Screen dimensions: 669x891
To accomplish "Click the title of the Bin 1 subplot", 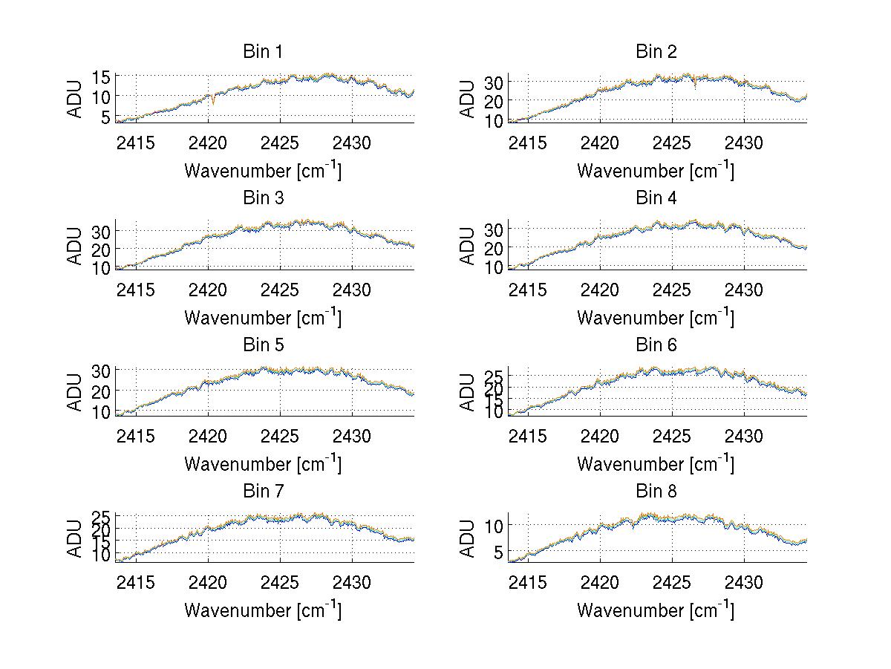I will pyautogui.click(x=263, y=52).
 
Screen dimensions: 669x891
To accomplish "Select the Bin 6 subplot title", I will pyautogui.click(x=656, y=345).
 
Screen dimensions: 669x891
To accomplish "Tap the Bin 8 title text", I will pyautogui.click(x=656, y=492).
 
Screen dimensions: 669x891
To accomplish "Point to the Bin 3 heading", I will pyautogui.click(x=263, y=198).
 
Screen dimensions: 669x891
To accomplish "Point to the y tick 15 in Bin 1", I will pyautogui.click(x=101, y=76).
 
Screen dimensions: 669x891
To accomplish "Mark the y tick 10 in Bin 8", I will pyautogui.click(x=494, y=525).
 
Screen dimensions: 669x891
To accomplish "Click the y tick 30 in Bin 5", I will pyautogui.click(x=101, y=370).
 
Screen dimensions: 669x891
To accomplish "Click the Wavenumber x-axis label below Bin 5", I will pyautogui.click(x=263, y=464).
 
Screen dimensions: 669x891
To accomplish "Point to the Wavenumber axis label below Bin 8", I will pyautogui.click(x=656, y=610).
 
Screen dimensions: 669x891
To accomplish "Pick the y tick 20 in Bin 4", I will pyautogui.click(x=494, y=247).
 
